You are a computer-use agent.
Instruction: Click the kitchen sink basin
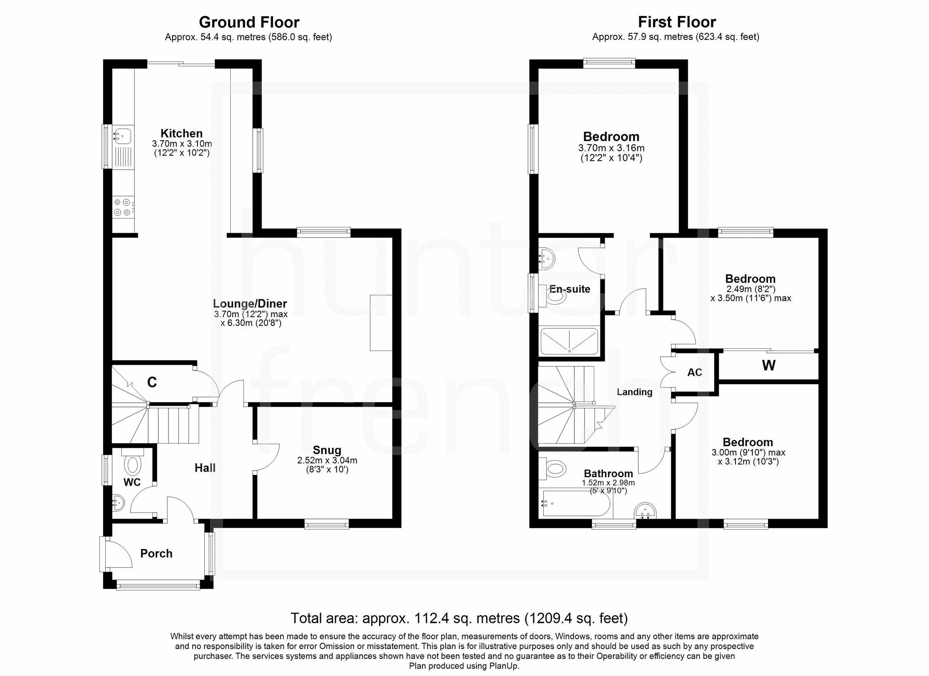coord(122,134)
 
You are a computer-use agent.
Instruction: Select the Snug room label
coord(327,450)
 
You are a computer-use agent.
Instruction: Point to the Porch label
coord(156,554)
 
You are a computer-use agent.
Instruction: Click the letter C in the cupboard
coord(152,382)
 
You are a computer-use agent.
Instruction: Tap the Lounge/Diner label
coord(250,304)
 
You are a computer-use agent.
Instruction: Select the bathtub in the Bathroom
coord(576,503)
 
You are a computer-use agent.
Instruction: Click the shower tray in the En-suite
coord(569,341)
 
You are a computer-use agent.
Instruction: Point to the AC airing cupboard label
coord(695,372)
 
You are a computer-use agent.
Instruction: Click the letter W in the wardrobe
coord(768,365)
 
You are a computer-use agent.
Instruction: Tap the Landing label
coord(634,392)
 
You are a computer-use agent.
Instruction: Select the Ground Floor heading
coord(249,22)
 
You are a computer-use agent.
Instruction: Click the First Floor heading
coord(677,22)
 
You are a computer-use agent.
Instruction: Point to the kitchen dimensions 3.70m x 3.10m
coord(182,144)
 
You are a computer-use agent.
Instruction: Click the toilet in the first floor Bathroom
coord(554,468)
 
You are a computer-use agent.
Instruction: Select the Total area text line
coord(459,618)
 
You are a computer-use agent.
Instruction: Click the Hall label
coord(205,468)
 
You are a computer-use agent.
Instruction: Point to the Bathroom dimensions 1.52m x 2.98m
coord(608,483)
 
